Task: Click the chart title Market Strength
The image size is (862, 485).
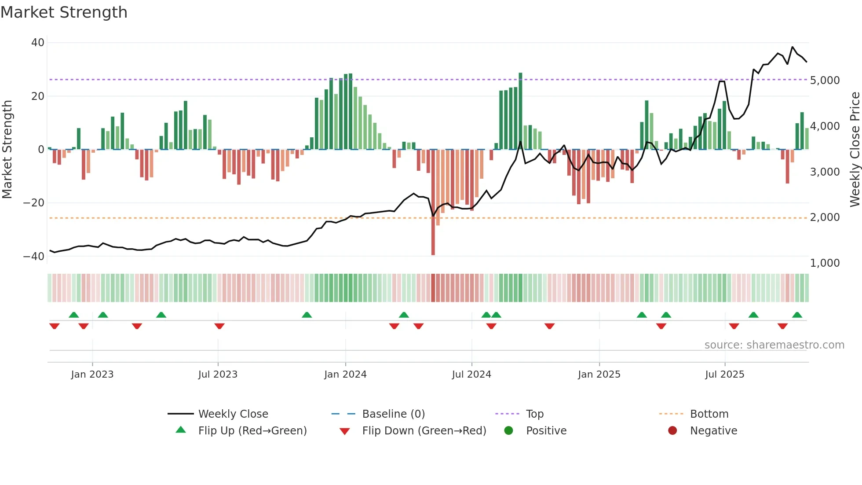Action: point(64,12)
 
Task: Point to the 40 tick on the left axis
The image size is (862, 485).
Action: point(38,43)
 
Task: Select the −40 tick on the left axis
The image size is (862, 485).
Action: point(34,256)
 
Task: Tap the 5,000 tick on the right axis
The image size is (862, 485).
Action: point(825,81)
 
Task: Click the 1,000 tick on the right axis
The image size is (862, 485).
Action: point(825,263)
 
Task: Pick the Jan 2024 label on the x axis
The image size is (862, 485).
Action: point(345,375)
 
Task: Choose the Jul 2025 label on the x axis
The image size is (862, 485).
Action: point(724,375)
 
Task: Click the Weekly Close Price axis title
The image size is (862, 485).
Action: point(855,150)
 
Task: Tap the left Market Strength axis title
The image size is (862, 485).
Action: point(7,150)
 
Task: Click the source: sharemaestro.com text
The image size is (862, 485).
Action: point(774,345)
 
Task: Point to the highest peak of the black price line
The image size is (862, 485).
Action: point(793,47)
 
